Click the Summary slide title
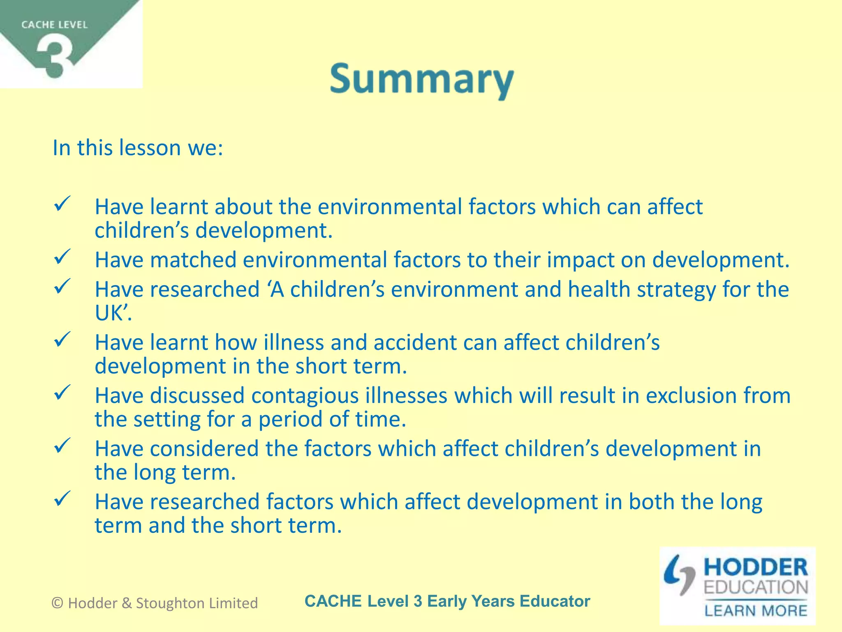[x=421, y=79]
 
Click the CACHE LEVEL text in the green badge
[x=54, y=25]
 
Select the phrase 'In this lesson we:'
[x=138, y=148]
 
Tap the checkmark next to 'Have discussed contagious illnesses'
[x=62, y=393]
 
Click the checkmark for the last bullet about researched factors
[x=62, y=499]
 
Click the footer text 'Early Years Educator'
[x=509, y=601]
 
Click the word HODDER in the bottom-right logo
[x=756, y=567]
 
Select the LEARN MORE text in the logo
[x=756, y=610]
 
